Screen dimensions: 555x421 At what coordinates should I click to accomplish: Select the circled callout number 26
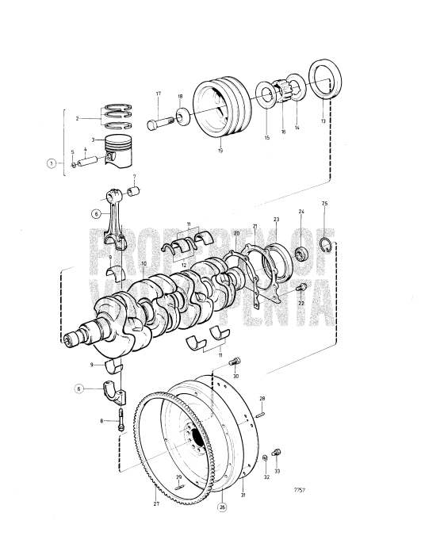(x=222, y=507)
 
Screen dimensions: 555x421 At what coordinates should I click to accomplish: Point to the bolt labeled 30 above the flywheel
(x=233, y=363)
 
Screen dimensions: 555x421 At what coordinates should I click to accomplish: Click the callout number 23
(x=276, y=219)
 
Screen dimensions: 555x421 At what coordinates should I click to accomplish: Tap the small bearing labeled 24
(x=300, y=255)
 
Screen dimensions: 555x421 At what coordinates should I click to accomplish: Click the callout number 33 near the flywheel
(x=277, y=472)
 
